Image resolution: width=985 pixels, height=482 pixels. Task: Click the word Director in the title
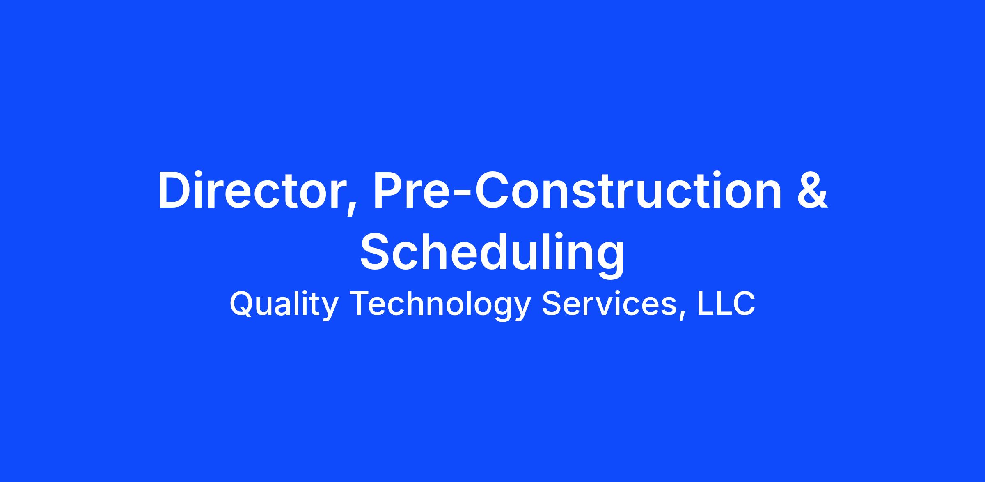point(251,190)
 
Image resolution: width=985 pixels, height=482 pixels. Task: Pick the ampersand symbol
point(812,190)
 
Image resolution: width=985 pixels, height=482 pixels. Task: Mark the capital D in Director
point(174,191)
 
